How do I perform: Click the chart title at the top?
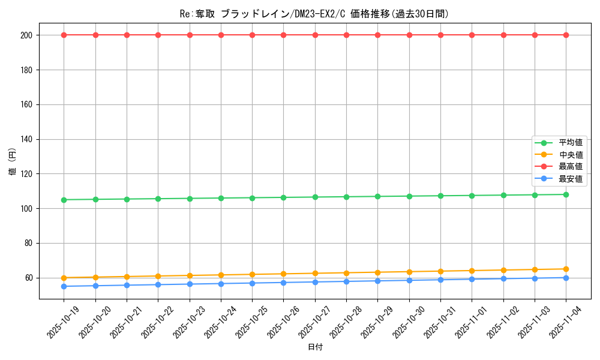tap(314, 14)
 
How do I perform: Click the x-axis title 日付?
tap(315, 347)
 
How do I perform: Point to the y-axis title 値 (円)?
tap(13, 163)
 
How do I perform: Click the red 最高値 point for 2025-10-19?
tap(64, 35)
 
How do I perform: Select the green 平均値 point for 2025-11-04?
tap(566, 194)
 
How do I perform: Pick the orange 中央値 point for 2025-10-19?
tap(64, 278)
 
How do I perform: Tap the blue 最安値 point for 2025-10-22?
tap(158, 284)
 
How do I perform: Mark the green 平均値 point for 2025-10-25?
tap(252, 198)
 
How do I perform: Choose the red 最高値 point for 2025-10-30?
tap(409, 35)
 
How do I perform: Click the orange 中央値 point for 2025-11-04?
tap(566, 269)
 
